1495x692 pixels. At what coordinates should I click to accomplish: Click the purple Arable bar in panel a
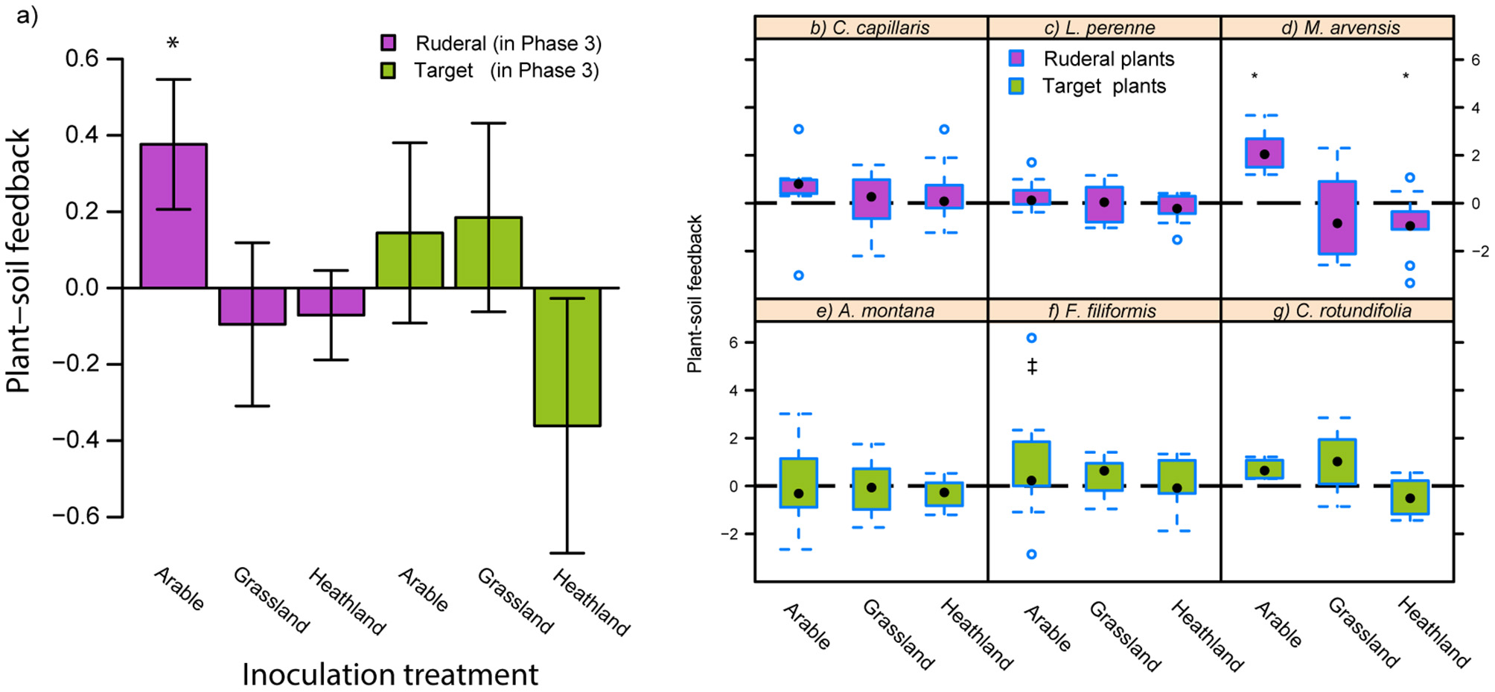173,216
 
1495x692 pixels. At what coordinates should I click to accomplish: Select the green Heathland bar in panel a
567,357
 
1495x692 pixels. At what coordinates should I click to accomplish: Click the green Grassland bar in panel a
488,253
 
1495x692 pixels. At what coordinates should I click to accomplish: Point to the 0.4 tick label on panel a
82,135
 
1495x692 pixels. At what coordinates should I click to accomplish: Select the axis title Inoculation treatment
389,675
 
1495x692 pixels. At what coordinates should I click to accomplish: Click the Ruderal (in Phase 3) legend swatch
388,43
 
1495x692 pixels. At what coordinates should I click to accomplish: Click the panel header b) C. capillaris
870,28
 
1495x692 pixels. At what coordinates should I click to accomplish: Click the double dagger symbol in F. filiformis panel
1032,366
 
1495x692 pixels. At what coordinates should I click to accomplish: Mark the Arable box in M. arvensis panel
1264,153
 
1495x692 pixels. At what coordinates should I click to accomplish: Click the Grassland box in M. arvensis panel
1337,217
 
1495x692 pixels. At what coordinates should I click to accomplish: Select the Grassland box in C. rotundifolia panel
1337,461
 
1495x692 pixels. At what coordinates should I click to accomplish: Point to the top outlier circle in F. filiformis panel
1032,338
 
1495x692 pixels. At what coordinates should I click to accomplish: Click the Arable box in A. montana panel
799,483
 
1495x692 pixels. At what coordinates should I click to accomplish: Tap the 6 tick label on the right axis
1475,60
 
